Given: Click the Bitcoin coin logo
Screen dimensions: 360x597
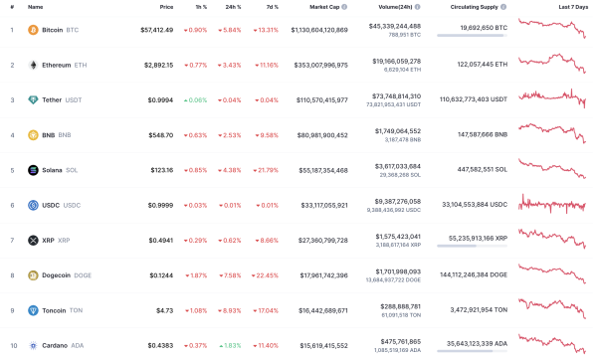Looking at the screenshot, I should coord(33,30).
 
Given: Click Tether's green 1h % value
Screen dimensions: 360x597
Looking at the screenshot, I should coord(195,100).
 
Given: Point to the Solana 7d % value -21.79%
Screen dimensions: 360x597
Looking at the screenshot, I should coord(264,170).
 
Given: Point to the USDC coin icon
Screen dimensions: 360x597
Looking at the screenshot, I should coord(33,206).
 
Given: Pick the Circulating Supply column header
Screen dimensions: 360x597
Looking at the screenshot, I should coord(474,7).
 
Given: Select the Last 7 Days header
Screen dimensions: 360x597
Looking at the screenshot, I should coord(571,7).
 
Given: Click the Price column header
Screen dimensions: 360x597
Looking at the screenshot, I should coord(166,7).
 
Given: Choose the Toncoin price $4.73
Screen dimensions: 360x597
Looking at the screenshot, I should coord(165,310).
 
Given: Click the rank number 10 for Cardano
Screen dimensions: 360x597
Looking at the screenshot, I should coord(13,345).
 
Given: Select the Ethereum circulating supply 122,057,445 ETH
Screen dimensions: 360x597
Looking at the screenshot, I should coord(473,65).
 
